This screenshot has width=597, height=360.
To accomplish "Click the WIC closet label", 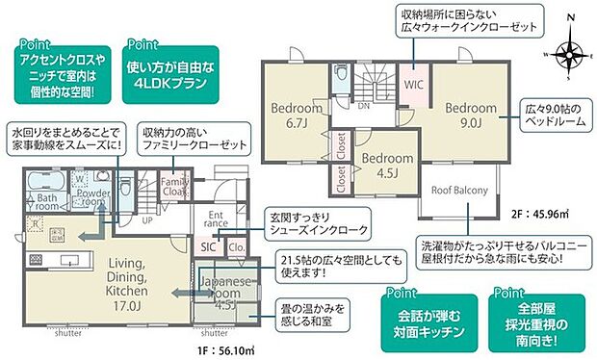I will tap(414, 84).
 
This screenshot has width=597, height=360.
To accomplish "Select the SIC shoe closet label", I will tap(209, 246).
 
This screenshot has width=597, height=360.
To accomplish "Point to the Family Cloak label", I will tap(174, 188).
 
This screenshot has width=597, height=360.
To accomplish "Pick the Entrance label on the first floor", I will tap(216, 220).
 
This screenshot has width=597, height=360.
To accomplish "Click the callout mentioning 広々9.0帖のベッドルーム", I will tap(553, 114).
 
